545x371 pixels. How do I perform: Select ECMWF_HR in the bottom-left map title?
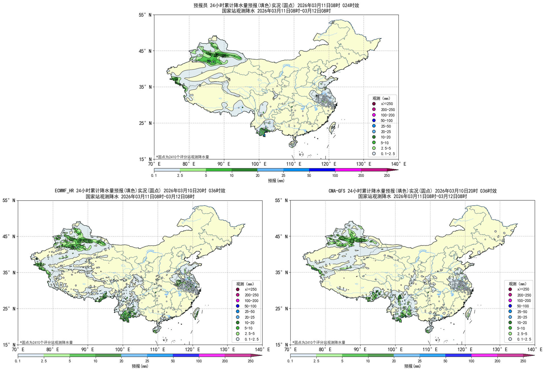coord(65,191)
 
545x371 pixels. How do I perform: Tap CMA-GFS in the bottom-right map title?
coord(337,191)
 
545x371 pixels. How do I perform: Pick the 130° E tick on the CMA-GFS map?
coord(500,349)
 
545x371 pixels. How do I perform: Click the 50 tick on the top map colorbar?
coord(309,176)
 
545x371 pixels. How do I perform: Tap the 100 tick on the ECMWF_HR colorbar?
coord(199,361)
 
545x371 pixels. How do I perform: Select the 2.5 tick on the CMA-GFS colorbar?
coord(316,361)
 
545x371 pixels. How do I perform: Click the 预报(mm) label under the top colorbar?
coord(276,181)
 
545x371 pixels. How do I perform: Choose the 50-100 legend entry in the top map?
coord(386,121)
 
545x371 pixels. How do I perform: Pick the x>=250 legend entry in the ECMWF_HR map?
coord(250,289)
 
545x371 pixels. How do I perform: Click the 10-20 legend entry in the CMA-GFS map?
coord(522,323)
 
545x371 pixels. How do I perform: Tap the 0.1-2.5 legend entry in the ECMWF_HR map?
coord(251,339)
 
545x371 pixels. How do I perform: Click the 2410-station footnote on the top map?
coord(183,157)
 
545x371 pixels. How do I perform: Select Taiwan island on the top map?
coord(332,128)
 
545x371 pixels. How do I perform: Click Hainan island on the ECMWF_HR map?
coord(156,330)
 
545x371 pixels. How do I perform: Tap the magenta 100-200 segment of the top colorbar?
coord(348,170)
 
